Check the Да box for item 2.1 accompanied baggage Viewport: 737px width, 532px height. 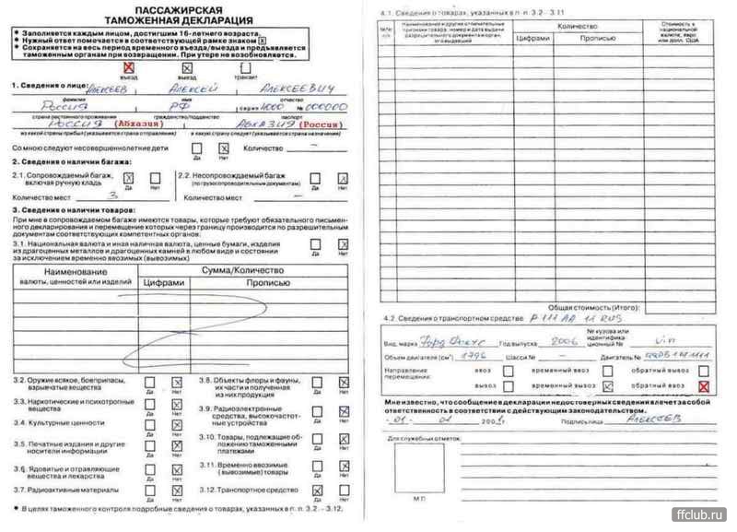129,178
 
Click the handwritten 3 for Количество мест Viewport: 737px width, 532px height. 114,196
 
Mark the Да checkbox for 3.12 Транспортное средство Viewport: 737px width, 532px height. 317,490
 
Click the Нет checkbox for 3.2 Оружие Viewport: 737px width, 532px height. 177,382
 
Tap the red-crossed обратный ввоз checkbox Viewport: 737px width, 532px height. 705,387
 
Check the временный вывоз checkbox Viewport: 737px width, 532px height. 608,387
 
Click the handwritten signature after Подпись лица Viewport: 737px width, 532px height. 656,418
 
